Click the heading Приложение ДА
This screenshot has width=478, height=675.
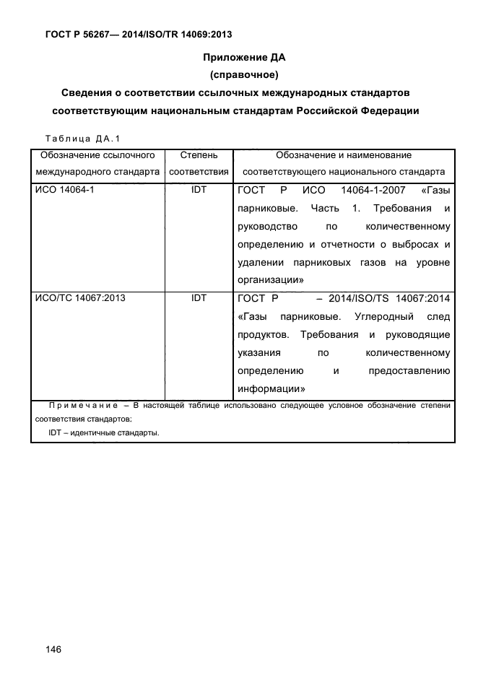point(240,57)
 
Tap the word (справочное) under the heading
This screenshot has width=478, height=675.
point(240,74)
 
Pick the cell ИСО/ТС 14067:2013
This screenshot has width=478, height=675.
point(79,297)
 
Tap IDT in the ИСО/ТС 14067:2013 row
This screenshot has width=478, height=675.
point(199,297)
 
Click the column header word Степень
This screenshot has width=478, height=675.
point(199,155)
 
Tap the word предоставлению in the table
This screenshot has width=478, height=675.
point(409,370)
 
